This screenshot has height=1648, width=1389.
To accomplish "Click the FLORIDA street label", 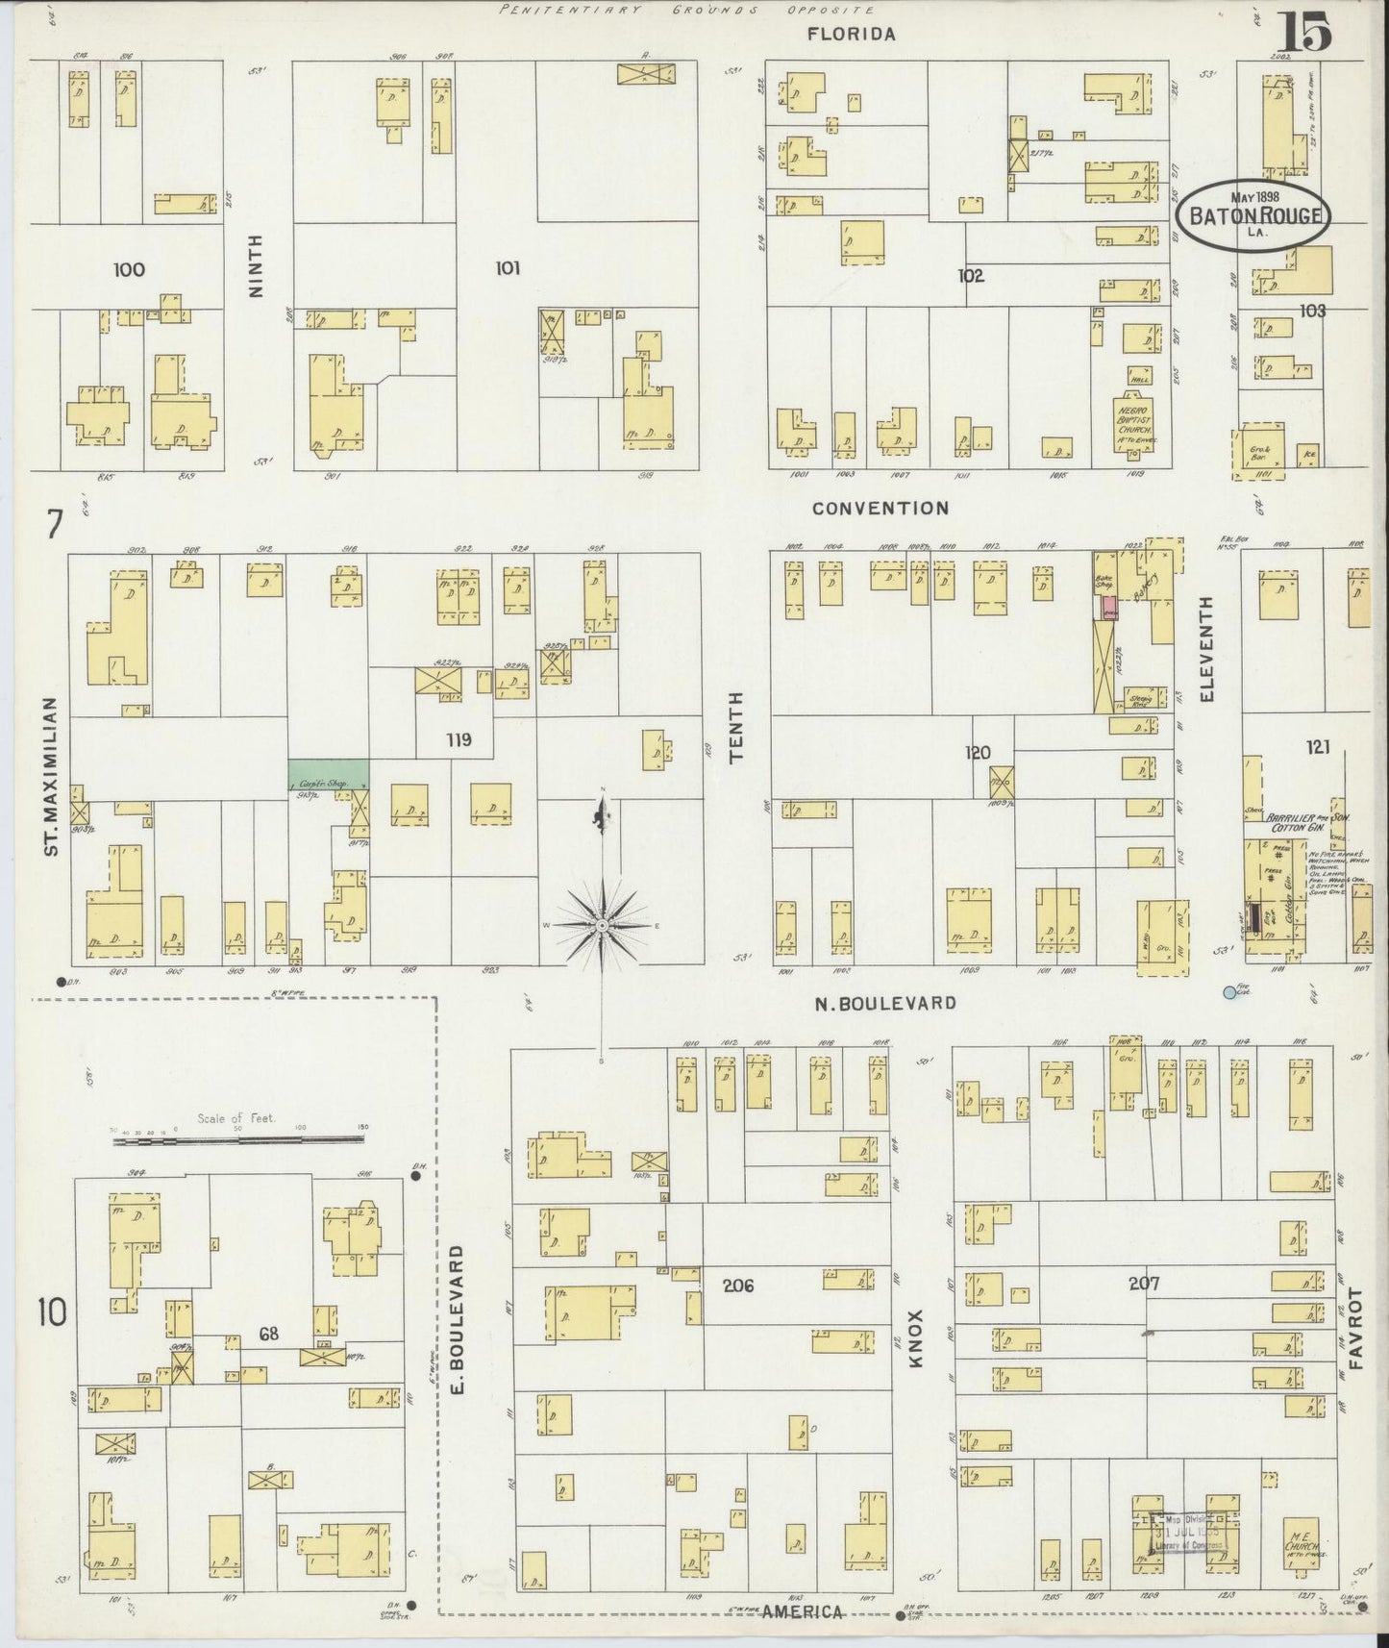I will (851, 35).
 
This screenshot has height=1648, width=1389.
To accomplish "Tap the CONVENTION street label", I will (880, 508).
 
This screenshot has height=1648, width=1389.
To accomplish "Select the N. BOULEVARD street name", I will (884, 1003).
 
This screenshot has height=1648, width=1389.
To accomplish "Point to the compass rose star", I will (602, 925).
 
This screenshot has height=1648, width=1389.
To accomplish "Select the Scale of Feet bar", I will (236, 1138).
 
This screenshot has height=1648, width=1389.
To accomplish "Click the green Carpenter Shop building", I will (329, 774).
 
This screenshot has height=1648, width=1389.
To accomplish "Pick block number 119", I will (459, 739).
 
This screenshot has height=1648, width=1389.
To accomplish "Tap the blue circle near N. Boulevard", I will (1228, 992).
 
